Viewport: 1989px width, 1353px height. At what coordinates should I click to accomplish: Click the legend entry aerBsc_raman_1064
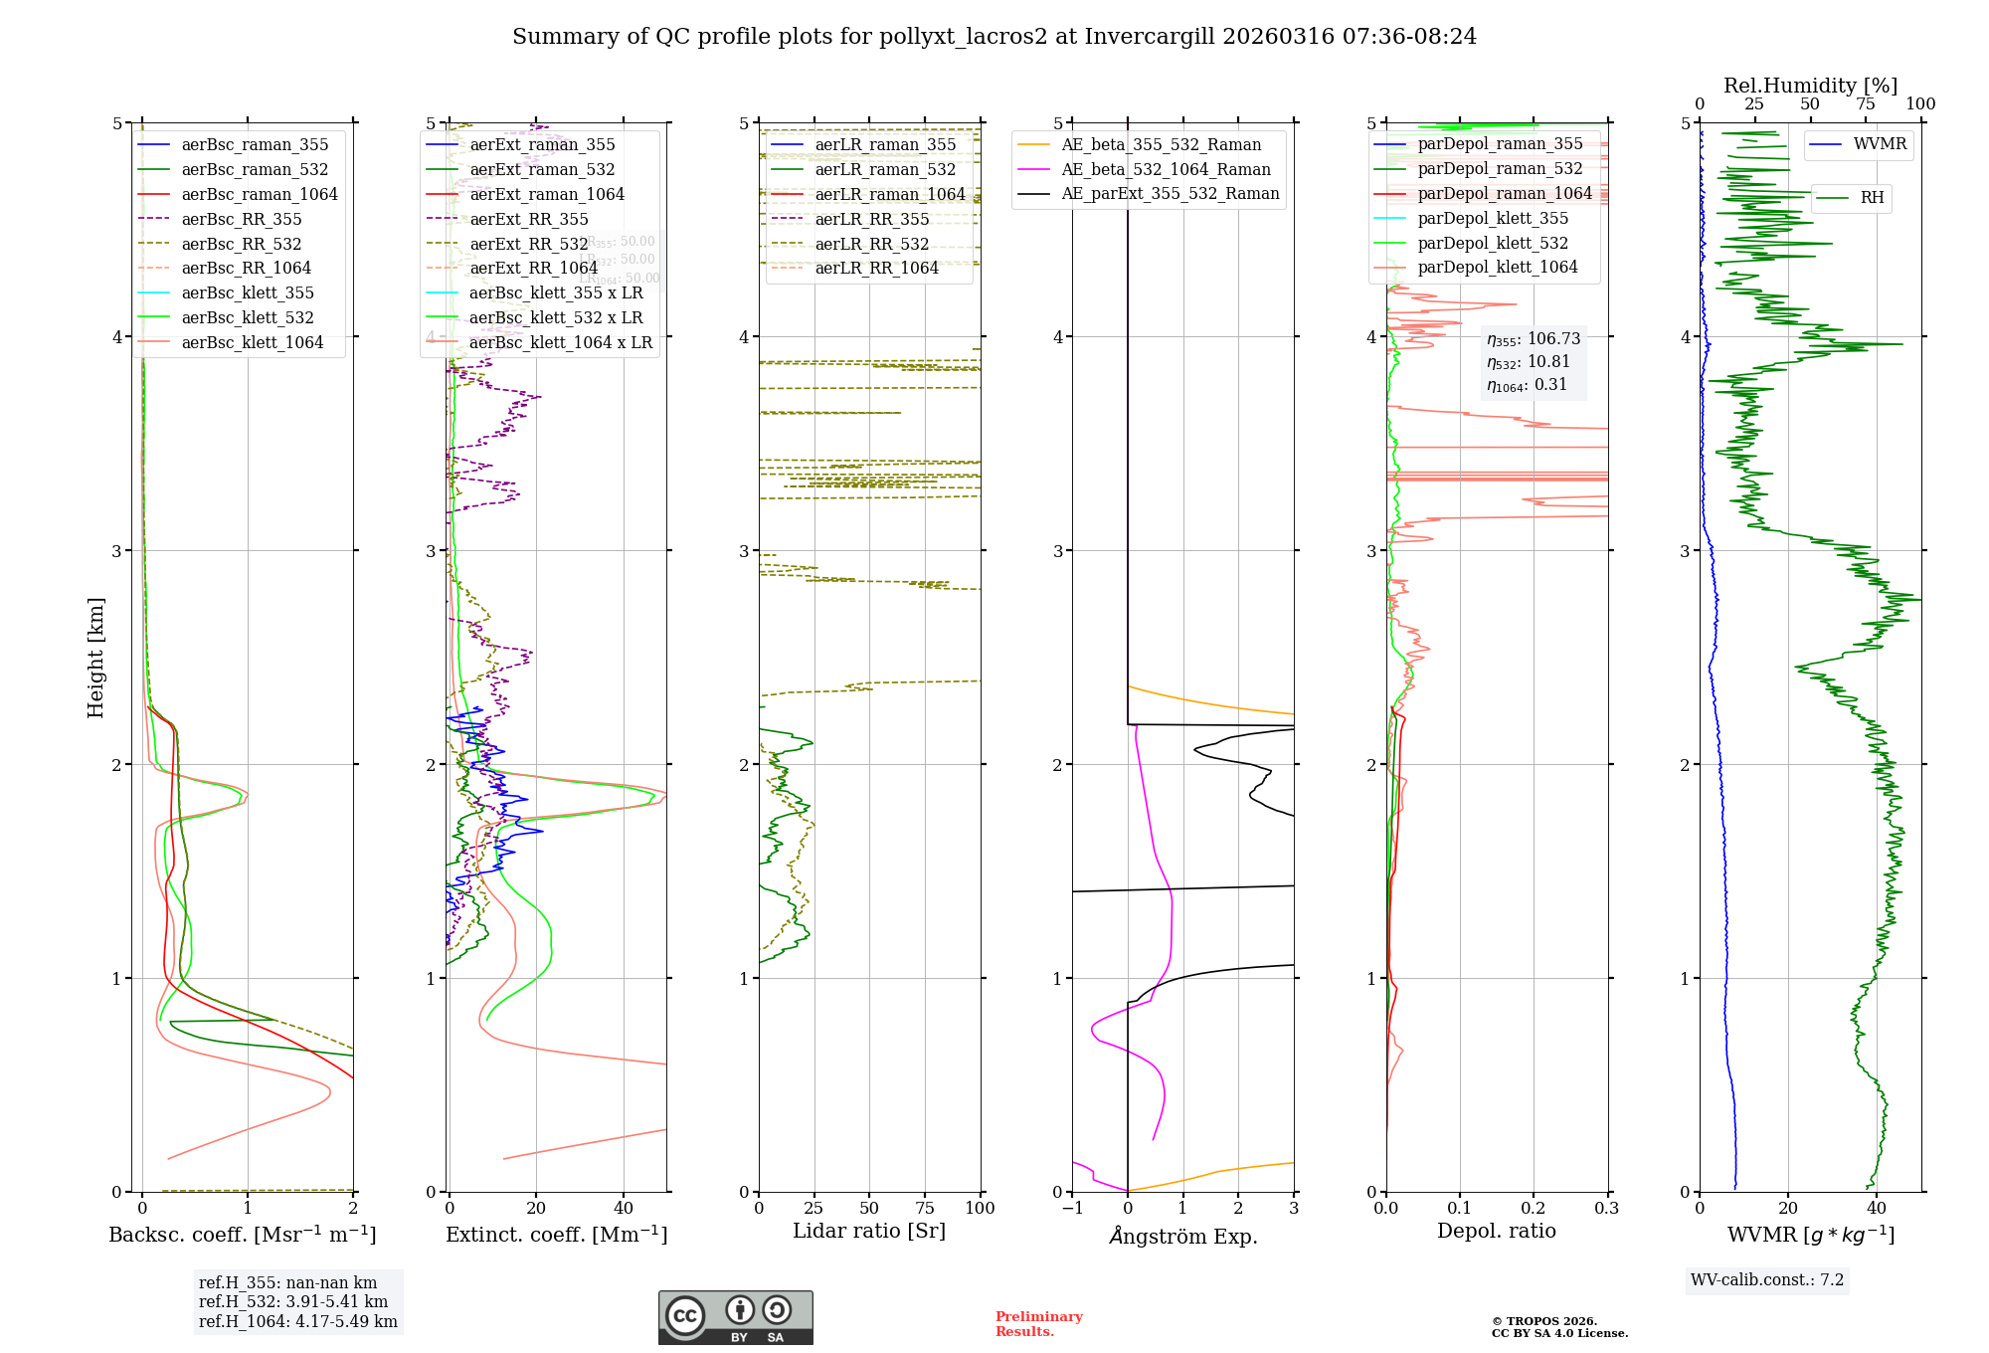[x=260, y=194]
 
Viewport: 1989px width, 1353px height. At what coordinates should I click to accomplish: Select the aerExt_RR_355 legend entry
[x=529, y=219]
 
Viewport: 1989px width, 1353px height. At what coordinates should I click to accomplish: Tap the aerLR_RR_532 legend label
[x=871, y=244]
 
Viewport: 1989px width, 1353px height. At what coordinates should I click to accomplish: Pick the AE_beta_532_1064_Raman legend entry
[x=1166, y=169]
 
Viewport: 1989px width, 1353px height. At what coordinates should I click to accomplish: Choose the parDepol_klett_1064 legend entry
[x=1498, y=267]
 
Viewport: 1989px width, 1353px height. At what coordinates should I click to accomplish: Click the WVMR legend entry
[x=1880, y=144]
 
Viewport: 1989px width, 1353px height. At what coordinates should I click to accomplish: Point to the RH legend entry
[x=1872, y=198]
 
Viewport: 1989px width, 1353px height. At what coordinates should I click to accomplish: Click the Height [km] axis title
[x=95, y=658]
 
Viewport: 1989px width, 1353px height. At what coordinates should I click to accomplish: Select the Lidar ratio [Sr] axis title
[x=869, y=1231]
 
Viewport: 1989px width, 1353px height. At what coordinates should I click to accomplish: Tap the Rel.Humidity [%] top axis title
[x=1810, y=86]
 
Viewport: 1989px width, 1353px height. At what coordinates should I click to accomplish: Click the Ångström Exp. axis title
[x=1183, y=1236]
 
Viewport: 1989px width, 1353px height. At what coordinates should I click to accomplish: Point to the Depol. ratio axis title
[x=1496, y=1231]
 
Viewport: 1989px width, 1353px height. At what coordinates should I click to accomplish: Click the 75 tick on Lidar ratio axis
[x=925, y=1208]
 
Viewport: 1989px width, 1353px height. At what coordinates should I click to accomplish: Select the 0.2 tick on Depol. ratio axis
[x=1534, y=1208]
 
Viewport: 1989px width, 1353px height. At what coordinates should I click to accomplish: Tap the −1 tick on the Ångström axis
[x=1072, y=1208]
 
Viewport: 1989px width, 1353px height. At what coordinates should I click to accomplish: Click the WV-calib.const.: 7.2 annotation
[x=1767, y=1279]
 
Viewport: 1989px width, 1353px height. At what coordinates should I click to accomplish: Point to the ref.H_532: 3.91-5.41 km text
[x=293, y=1301]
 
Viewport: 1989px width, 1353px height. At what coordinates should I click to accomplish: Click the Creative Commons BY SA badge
[x=735, y=1317]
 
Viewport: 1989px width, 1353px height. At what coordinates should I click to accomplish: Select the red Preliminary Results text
[x=1038, y=1323]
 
